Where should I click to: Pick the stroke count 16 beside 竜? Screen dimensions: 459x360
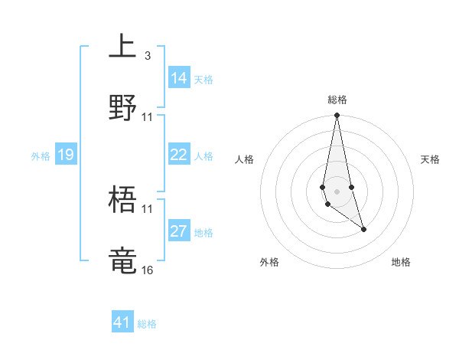tap(147, 270)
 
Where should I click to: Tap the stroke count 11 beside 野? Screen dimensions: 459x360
tap(147, 117)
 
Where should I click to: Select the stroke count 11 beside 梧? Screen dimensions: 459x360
tap(147, 208)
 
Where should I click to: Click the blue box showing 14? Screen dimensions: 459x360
tap(179, 78)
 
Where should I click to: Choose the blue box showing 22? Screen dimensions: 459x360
tap(179, 155)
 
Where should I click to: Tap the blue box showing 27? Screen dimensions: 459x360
tap(179, 231)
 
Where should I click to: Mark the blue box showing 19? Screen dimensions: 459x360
tap(66, 155)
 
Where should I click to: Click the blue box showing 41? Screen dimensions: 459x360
tap(122, 322)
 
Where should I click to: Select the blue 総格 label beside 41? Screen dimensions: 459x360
tap(147, 324)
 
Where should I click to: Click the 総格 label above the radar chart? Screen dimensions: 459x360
tap(337, 100)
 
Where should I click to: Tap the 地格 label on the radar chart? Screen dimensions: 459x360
tap(401, 262)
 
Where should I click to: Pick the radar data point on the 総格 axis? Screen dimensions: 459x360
tap(337, 116)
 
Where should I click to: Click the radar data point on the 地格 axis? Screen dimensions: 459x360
tap(363, 229)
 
